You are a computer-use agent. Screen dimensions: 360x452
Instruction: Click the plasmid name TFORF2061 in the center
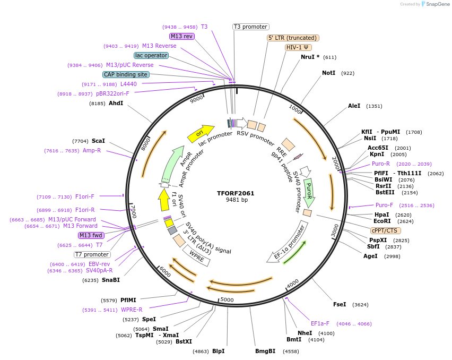236,193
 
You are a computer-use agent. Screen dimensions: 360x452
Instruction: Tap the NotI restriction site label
328,73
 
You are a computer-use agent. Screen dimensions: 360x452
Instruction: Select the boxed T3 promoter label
251,27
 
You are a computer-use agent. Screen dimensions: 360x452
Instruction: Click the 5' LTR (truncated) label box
292,38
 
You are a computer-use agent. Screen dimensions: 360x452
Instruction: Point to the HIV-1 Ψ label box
298,47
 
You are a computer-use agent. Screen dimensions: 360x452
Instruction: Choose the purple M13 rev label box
182,36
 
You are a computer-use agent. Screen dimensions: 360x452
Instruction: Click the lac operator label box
151,55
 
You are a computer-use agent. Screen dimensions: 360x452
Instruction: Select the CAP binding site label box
126,75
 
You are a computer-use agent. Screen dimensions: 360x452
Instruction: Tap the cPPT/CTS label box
386,230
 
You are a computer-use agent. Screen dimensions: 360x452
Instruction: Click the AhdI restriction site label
116,103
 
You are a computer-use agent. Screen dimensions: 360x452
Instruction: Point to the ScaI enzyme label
98,141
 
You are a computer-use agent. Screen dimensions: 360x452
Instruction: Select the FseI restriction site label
340,304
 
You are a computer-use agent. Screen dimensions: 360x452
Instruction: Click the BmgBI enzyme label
265,351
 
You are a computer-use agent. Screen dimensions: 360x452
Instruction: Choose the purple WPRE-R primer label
132,310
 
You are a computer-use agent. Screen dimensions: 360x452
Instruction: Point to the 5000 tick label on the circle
227,300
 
